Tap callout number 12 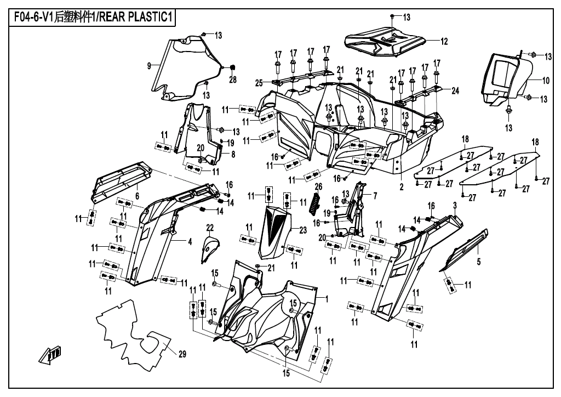[444, 42]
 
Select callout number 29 [182, 354]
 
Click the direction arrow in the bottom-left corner [50, 354]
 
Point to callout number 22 [210, 228]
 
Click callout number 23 [302, 230]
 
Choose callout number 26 [318, 186]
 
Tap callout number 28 [233, 79]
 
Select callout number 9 [149, 65]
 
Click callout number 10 [546, 81]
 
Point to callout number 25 [259, 83]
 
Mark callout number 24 [455, 91]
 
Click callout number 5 [479, 262]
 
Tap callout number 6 [137, 196]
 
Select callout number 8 [233, 154]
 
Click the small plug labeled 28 [231, 67]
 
